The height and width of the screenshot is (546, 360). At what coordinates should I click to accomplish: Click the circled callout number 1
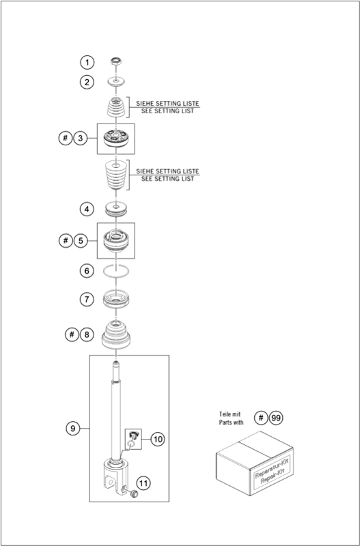87,63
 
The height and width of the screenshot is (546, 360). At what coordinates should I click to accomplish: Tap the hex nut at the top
115,61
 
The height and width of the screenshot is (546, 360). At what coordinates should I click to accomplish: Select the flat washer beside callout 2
115,82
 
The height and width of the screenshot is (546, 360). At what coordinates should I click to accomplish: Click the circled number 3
81,139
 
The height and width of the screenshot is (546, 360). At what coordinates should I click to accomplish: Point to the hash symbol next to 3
65,139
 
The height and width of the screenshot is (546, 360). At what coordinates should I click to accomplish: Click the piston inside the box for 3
115,139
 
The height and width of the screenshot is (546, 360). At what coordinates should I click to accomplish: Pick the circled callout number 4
87,210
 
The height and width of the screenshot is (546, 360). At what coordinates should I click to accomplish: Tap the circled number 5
81,241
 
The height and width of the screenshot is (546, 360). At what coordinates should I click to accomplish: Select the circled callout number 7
87,299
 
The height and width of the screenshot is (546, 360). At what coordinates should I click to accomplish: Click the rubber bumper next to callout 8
116,334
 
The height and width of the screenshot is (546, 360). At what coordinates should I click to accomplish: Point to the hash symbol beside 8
72,334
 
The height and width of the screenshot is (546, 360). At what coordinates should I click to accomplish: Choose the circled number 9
73,428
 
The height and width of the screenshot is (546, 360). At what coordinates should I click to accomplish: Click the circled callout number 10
158,439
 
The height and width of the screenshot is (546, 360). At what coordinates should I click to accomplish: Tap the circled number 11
143,483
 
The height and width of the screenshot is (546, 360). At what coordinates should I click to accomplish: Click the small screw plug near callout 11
133,493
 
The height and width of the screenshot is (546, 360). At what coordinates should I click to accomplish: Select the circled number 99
276,418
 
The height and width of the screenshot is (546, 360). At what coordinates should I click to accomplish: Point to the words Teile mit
230,414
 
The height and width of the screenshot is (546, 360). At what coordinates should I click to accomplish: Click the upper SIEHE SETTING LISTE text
167,104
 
